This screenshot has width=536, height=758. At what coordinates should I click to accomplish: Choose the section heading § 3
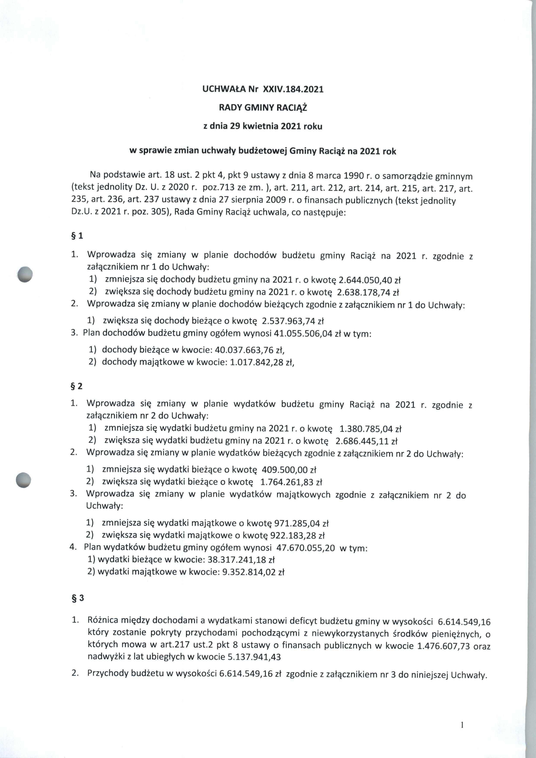click(78, 599)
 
